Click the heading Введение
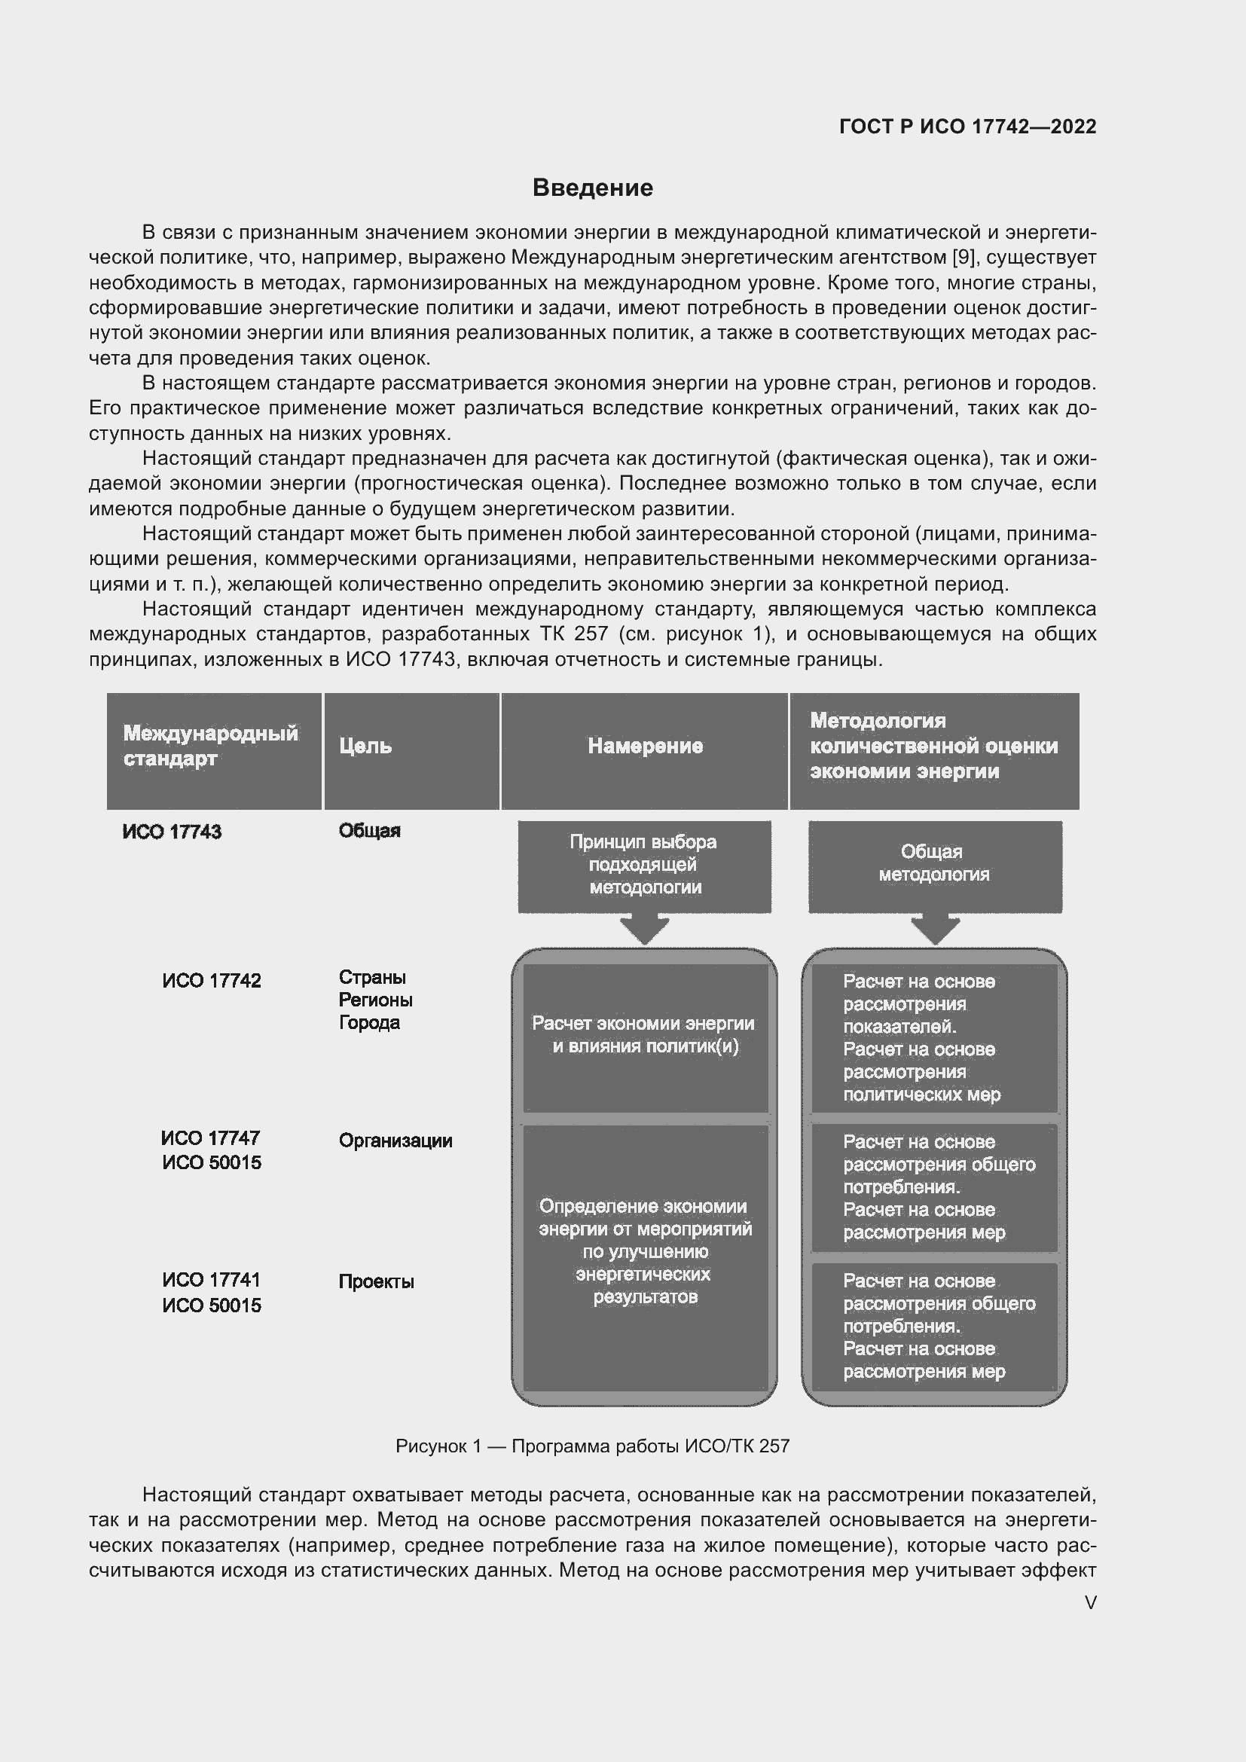592,188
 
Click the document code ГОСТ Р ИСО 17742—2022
967,127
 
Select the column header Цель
365,746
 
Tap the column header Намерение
645,746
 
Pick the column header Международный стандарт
210,746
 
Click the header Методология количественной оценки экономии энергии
933,746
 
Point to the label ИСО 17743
172,832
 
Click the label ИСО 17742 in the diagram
212,981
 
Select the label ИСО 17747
210,1138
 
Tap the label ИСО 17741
212,1280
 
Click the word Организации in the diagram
395,1141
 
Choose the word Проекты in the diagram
376,1282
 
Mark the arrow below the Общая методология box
934,930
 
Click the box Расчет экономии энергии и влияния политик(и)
645,1036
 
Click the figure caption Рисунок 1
592,1446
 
